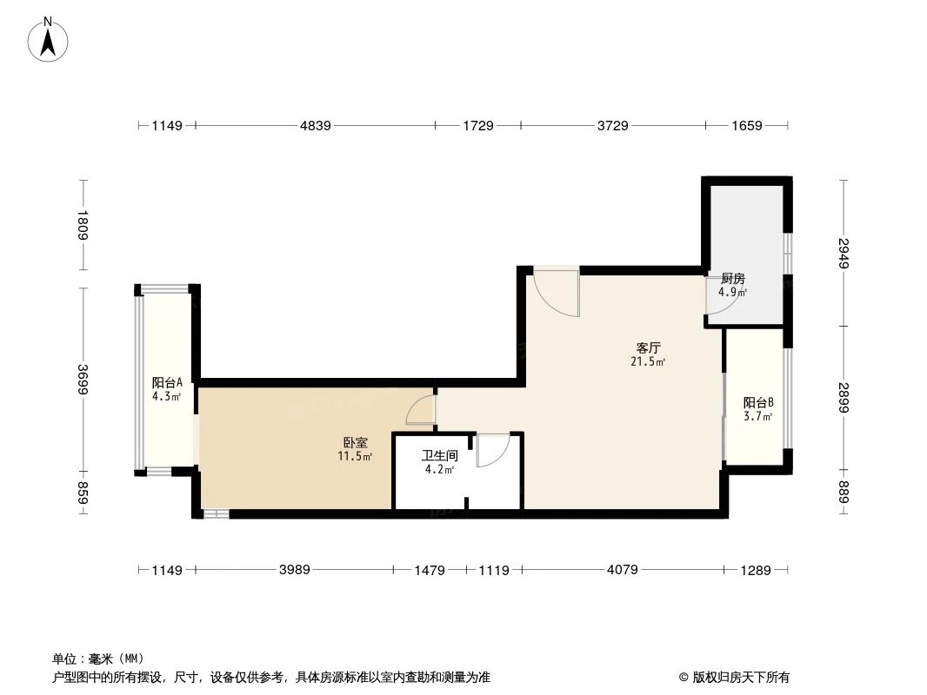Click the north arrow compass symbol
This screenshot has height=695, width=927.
tap(50, 38)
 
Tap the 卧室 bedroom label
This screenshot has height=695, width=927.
tap(355, 443)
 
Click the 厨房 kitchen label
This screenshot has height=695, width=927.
tap(732, 279)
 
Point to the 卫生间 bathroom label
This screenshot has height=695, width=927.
tap(439, 456)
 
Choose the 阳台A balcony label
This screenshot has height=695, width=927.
tap(166, 383)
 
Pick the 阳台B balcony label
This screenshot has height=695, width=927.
tap(757, 403)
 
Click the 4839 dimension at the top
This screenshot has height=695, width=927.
tap(316, 126)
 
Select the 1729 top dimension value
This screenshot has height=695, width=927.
tap(477, 126)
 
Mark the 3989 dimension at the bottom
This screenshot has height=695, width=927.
tap(294, 570)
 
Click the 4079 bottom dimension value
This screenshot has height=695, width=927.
tap(622, 570)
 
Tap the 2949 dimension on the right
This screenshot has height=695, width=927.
tap(843, 253)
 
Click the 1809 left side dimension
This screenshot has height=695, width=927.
tap(83, 225)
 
